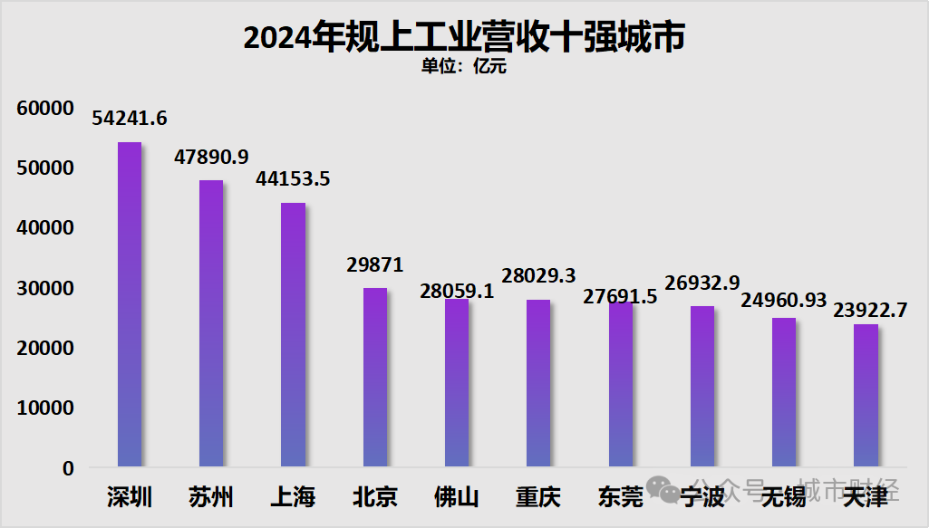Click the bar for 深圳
130,305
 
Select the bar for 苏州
211,324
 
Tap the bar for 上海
293,335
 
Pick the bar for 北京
375,378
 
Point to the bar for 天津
866,396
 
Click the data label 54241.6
130,119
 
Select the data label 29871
375,264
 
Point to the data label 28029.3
538,276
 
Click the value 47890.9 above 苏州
211,157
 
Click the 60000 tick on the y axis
44,109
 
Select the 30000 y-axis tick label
44,289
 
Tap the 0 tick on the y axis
68,468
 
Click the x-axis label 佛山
457,497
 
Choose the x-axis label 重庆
538,497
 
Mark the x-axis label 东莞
620,497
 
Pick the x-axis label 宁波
702,497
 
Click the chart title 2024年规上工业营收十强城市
464,37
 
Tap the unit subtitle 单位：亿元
464,67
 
